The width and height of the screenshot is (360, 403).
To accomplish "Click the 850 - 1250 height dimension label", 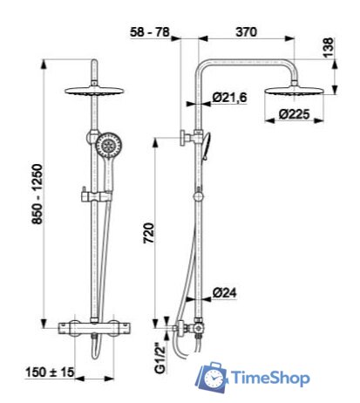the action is pos(37,195).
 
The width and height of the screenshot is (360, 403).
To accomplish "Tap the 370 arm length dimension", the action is pos(247,31).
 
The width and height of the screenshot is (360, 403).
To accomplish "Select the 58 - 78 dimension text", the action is pos(150,31).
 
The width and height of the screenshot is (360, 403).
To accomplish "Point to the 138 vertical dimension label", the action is pos(329,48).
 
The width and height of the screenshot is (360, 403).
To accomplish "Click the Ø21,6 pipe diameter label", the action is pos(229,97).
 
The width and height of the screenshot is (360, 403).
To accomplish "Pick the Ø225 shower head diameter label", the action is pos(294,114).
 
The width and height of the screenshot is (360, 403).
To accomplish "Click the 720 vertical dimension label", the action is pos(148,233).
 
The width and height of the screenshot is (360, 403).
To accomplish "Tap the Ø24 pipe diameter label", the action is pos(224,292).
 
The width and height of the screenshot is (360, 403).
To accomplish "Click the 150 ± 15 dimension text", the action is pos(50,372).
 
